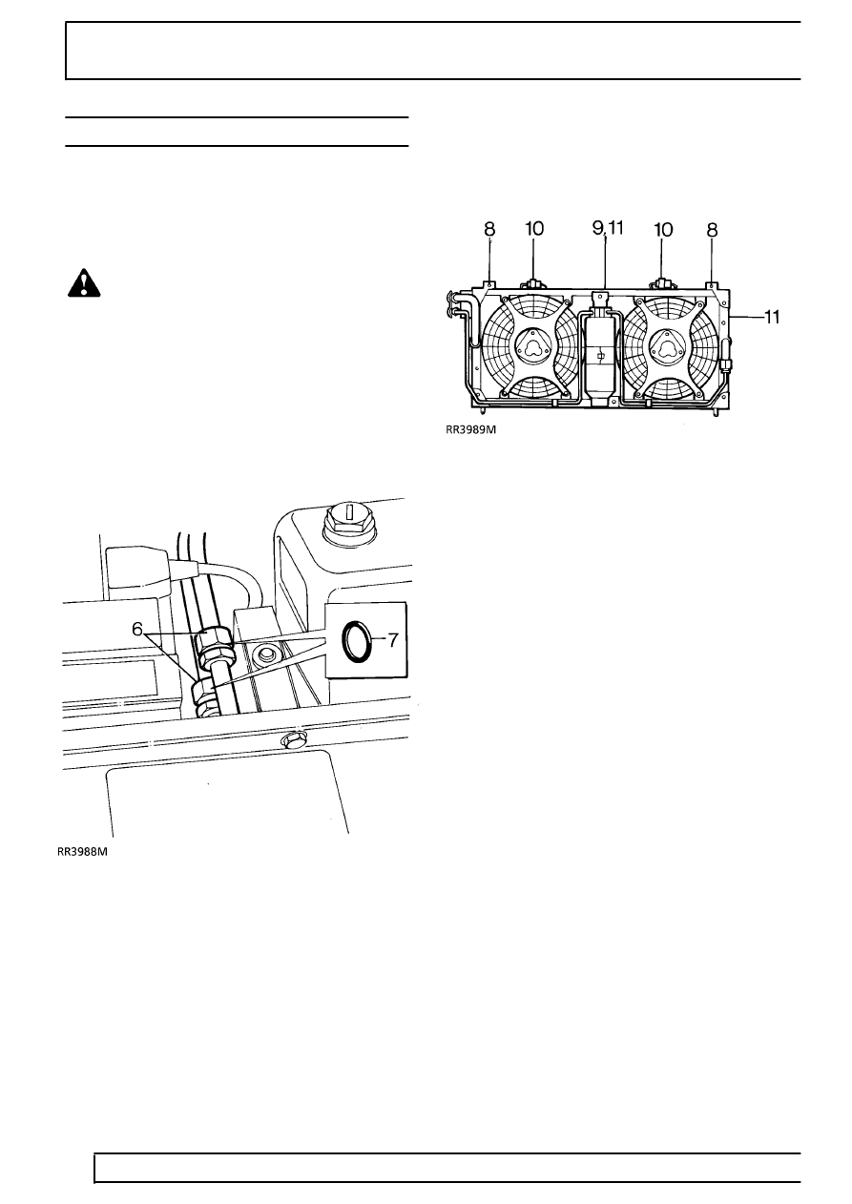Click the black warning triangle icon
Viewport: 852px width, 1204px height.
pos(84,283)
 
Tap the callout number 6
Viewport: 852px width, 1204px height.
pos(137,629)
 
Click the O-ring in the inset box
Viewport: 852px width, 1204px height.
pos(355,639)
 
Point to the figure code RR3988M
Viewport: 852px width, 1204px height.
pos(82,852)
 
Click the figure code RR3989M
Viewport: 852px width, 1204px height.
pos(470,430)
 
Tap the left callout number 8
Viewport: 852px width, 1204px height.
pos(489,230)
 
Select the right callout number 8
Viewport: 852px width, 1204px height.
pos(712,230)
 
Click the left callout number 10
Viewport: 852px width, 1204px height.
pos(534,229)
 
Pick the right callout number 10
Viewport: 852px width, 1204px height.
pos(663,230)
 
